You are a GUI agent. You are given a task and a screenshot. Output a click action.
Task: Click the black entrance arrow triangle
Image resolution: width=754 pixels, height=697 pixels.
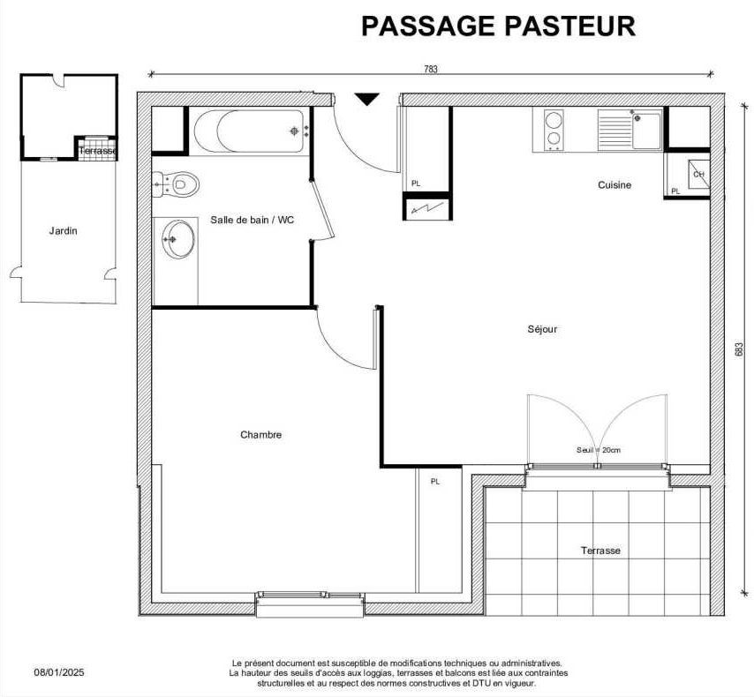pyautogui.click(x=367, y=99)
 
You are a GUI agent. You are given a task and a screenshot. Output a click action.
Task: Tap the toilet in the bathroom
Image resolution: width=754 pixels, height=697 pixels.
pyautogui.click(x=176, y=184)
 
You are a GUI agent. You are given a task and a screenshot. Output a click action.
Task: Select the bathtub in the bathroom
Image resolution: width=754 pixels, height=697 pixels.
pyautogui.click(x=250, y=131)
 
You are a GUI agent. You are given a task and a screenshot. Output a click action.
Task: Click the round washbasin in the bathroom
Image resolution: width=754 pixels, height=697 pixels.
pyautogui.click(x=178, y=239)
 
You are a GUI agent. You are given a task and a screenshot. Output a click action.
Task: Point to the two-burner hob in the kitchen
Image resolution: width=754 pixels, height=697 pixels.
pyautogui.click(x=554, y=130)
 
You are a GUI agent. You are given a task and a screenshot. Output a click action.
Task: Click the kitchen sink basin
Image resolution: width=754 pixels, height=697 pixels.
pyautogui.click(x=647, y=131)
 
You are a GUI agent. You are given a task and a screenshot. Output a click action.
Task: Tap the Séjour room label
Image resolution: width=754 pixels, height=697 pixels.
pyautogui.click(x=542, y=329)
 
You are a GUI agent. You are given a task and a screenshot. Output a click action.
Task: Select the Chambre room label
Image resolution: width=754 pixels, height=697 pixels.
pyautogui.click(x=261, y=435)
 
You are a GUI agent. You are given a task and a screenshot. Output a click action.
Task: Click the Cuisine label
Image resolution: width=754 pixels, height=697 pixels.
pyautogui.click(x=615, y=184)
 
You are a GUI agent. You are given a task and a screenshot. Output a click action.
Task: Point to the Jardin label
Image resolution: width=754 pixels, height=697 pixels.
pyautogui.click(x=63, y=231)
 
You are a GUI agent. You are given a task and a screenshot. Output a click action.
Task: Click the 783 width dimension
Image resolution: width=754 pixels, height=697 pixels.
pyautogui.click(x=431, y=69)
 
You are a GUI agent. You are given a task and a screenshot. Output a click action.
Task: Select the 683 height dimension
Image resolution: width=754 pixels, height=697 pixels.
pyautogui.click(x=740, y=349)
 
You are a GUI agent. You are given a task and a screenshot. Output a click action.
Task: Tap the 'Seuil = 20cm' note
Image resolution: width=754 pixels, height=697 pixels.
pyautogui.click(x=599, y=451)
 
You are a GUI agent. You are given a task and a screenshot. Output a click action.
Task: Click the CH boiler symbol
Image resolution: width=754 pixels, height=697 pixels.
pyautogui.click(x=698, y=174)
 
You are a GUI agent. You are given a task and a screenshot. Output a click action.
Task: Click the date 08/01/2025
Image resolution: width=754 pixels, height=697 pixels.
pyautogui.click(x=59, y=672)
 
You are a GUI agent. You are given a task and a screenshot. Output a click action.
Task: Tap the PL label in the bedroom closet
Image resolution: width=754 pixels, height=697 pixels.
pyautogui.click(x=435, y=481)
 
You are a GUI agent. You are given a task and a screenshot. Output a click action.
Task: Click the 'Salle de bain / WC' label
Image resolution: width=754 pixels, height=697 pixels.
pyautogui.click(x=252, y=220)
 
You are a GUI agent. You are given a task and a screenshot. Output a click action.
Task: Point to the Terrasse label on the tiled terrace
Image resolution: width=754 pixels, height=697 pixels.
pyautogui.click(x=600, y=551)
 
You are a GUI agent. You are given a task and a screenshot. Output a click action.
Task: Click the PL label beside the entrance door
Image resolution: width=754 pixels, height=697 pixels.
pyautogui.click(x=416, y=184)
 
